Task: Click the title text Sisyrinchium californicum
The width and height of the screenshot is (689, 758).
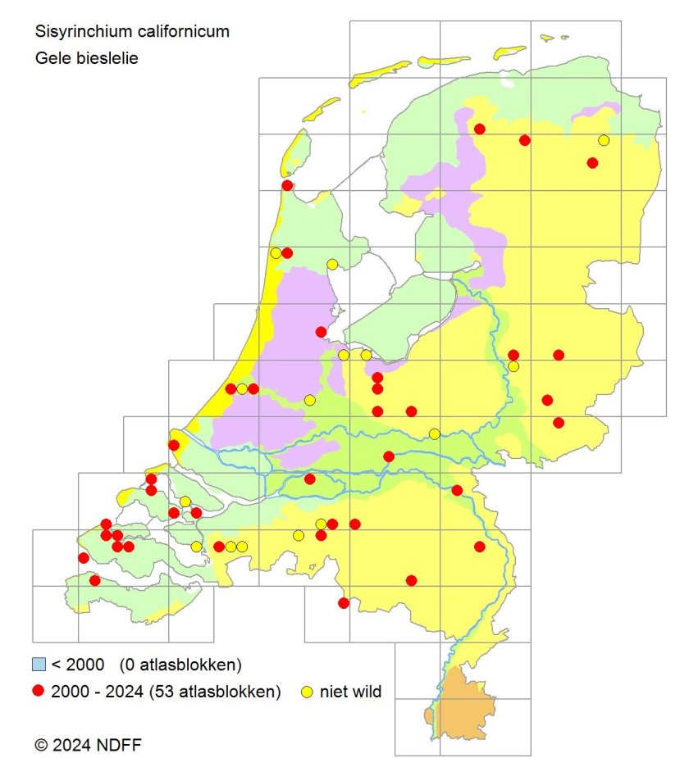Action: click(x=132, y=32)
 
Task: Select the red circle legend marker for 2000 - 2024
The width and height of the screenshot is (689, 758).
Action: click(x=37, y=692)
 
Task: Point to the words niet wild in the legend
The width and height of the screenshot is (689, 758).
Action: click(x=351, y=692)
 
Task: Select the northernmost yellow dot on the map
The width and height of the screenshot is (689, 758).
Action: click(x=604, y=140)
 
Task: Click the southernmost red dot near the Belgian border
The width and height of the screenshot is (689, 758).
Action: click(x=344, y=603)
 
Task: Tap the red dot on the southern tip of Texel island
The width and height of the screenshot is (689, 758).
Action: click(x=287, y=185)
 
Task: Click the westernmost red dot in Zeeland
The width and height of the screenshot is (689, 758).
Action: click(x=83, y=558)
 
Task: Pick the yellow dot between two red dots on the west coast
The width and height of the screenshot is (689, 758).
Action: click(x=242, y=389)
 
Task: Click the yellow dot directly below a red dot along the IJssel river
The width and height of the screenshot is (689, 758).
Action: click(x=513, y=366)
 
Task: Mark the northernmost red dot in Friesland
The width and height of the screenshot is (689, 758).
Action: click(x=480, y=129)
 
